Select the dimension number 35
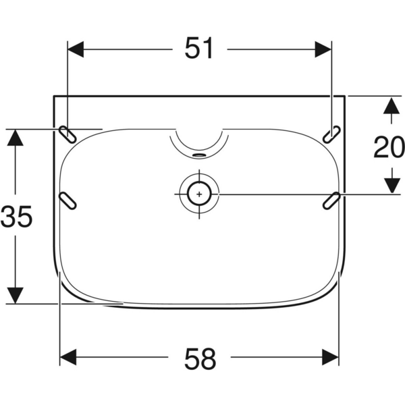pos(16,217)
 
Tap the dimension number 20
pos(389,147)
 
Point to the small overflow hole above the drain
pos(199,153)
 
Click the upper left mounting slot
pos(67,134)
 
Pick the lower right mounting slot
pos(331,200)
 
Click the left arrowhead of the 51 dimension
pos(76,49)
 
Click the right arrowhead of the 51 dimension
pos(323,49)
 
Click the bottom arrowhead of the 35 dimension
pos(16,296)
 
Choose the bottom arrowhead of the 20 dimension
pos(389,186)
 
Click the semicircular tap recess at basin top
pos(198,138)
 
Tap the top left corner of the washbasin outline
pos(53,97)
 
